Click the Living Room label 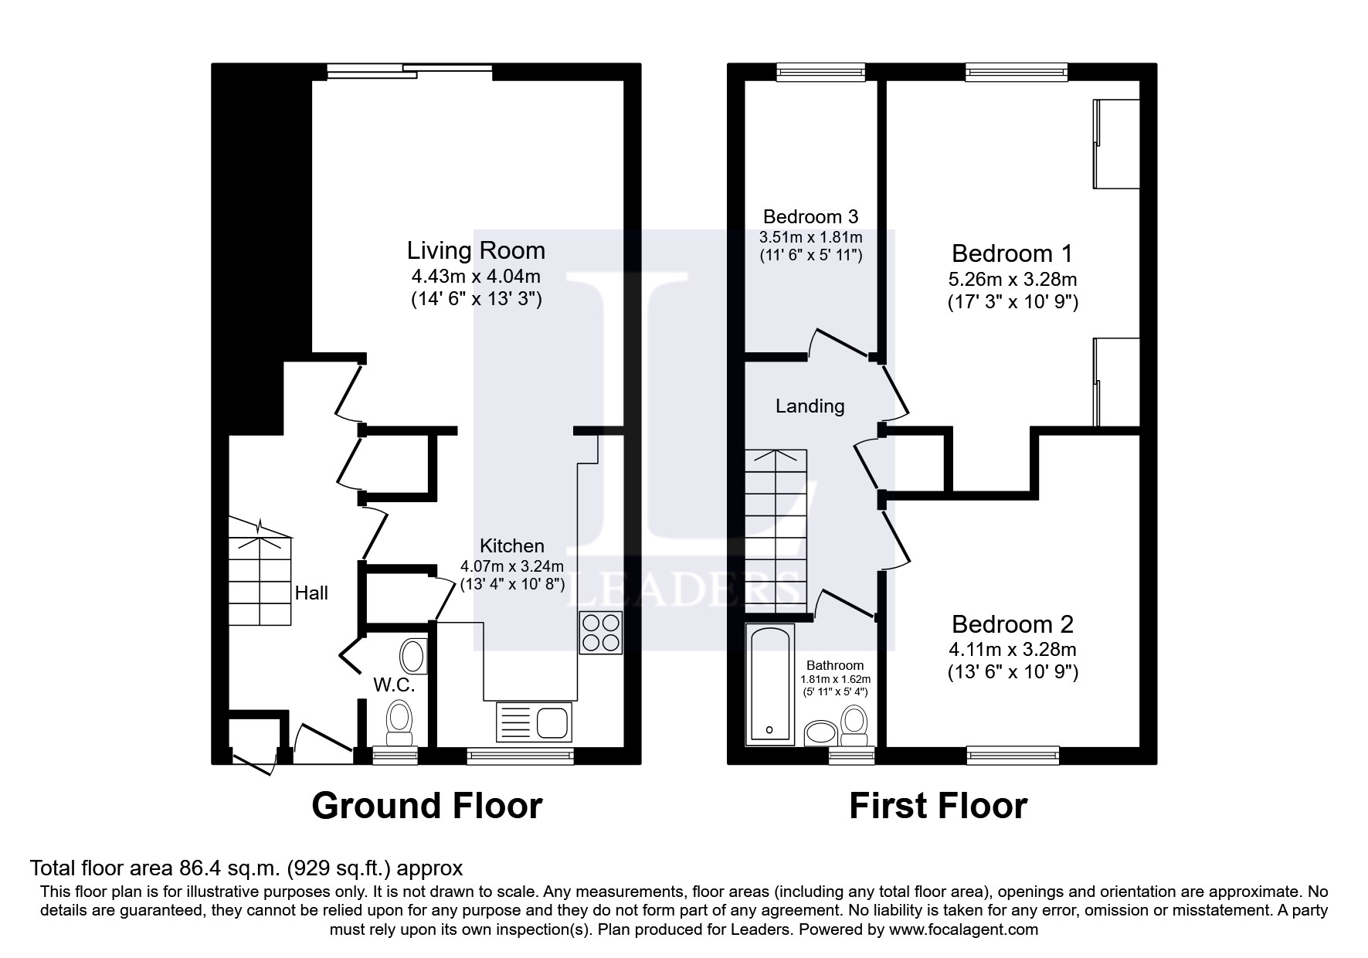(x=476, y=250)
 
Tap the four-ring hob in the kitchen (x=600, y=633)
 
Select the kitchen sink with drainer (x=533, y=722)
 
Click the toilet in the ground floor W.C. (x=399, y=720)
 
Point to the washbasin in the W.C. (x=413, y=657)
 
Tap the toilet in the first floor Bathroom (x=854, y=725)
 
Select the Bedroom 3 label (x=810, y=216)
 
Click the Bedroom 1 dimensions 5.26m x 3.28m (x=1013, y=279)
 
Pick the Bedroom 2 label (x=1013, y=624)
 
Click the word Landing (x=810, y=406)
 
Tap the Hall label (x=311, y=593)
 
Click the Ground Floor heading (x=426, y=806)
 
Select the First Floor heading (x=938, y=806)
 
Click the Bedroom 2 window (x=1013, y=754)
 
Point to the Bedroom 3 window (x=820, y=73)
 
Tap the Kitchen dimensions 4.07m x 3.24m (x=512, y=566)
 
